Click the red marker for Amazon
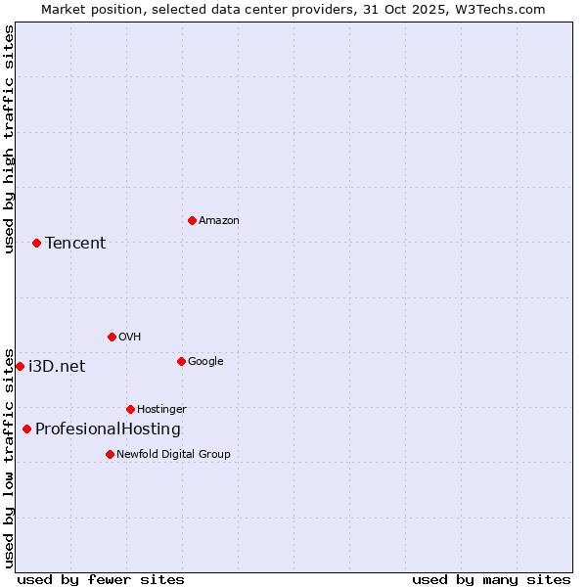pyautogui.click(x=192, y=220)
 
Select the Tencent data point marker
pyautogui.click(x=36, y=243)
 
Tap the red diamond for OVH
pyautogui.click(x=112, y=337)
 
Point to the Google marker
pyautogui.click(x=181, y=361)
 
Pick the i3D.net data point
pyautogui.click(x=20, y=366)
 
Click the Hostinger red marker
pyautogui.click(x=130, y=409)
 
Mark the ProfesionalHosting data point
pyautogui.click(x=26, y=429)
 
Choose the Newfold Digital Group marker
pyautogui.click(x=110, y=454)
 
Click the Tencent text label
pyautogui.click(x=75, y=243)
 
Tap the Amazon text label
pyautogui.click(x=219, y=220)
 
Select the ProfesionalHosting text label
pyautogui.click(x=108, y=429)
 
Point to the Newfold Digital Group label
pyautogui.click(x=173, y=454)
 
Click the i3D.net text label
pyautogui.click(x=57, y=366)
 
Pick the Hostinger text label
pyautogui.click(x=161, y=409)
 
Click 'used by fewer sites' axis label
pyautogui.click(x=101, y=579)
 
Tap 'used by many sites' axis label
pyautogui.click(x=491, y=579)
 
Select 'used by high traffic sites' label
pyautogui.click(x=9, y=140)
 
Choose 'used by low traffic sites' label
pyautogui.click(x=9, y=457)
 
